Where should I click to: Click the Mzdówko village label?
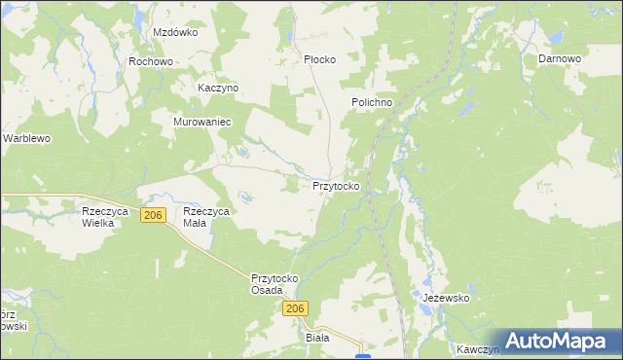pos(175,32)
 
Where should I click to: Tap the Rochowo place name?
pos(150,61)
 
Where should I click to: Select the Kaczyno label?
pos(218,88)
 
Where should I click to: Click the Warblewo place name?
pos(26,139)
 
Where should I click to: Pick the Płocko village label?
pos(319,59)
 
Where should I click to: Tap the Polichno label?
pos(372,102)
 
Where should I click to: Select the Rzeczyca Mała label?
pos(206,217)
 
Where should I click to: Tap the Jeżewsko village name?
pos(446,298)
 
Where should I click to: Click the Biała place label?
pos(318,338)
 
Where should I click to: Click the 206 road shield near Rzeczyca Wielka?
pos(152,215)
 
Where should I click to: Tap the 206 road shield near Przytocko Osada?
pos(297,308)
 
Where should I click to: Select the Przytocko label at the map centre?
pos(339,185)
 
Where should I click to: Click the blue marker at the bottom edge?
pos(363,356)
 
